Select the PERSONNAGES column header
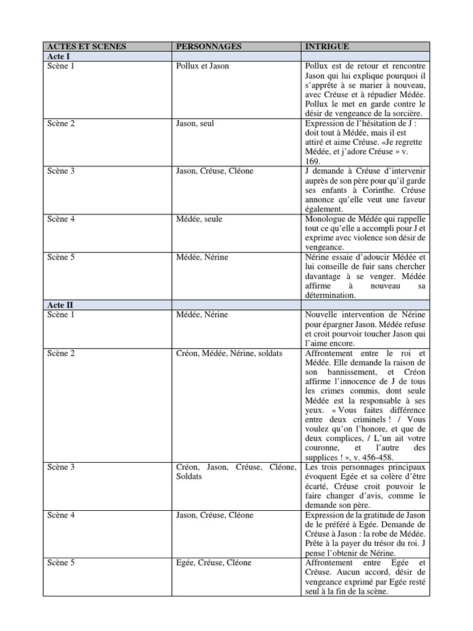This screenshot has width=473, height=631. pyautogui.click(x=209, y=46)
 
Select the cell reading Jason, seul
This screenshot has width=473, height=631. pyautogui.click(x=195, y=123)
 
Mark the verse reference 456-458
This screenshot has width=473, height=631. pyautogui.click(x=374, y=458)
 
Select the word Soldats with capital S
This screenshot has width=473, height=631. pyautogui.click(x=189, y=477)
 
